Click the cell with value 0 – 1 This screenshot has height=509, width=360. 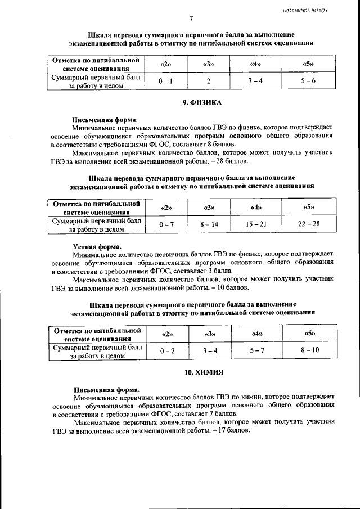pyautogui.click(x=165, y=81)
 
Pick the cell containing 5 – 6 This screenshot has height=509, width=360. pyautogui.click(x=308, y=81)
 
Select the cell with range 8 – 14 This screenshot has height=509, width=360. pyautogui.click(x=208, y=224)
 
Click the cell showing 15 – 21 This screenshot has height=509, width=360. pyautogui.click(x=256, y=224)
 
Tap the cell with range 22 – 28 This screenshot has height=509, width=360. pyautogui.click(x=308, y=224)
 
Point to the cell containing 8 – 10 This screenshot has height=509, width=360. pyautogui.click(x=309, y=350)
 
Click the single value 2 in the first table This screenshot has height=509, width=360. pyautogui.click(x=208, y=81)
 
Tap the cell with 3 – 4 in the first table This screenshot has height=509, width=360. pyautogui.click(x=256, y=81)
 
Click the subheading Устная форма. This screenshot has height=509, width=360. pyautogui.click(x=96, y=246)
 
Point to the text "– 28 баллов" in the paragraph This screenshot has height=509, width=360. pyautogui.click(x=228, y=161)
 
